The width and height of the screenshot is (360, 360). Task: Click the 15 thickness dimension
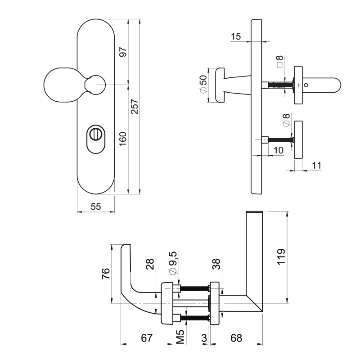click(236, 36)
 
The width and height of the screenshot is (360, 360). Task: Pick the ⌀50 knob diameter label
click(203, 85)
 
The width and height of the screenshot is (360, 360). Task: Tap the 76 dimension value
click(106, 274)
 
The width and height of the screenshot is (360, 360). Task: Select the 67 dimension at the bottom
click(147, 337)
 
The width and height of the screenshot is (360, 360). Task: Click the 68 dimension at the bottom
click(236, 337)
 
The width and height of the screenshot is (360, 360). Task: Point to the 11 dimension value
click(316, 165)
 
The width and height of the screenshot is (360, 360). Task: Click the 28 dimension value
click(150, 265)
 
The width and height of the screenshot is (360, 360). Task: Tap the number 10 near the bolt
click(278, 150)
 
